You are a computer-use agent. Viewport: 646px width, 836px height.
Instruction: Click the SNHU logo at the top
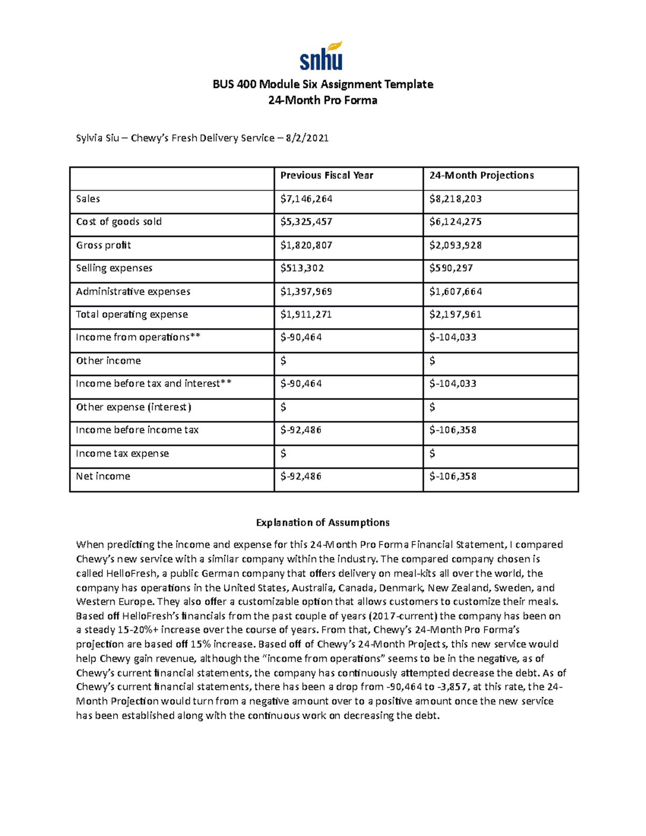[x=321, y=57]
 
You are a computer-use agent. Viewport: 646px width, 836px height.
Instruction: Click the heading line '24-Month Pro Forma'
[x=322, y=100]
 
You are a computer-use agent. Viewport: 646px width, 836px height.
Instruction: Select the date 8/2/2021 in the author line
[x=307, y=138]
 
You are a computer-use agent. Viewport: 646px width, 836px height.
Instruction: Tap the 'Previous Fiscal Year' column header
[x=326, y=175]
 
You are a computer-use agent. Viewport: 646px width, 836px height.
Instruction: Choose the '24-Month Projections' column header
[x=481, y=175]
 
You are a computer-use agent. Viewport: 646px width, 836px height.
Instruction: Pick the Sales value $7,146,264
[x=306, y=199]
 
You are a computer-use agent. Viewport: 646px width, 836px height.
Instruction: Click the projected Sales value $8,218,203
[x=455, y=199]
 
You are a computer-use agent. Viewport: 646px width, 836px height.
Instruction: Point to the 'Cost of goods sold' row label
[x=118, y=222]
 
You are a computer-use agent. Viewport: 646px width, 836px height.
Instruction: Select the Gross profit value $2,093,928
[x=455, y=245]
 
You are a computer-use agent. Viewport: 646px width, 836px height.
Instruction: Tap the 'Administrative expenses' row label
[x=133, y=291]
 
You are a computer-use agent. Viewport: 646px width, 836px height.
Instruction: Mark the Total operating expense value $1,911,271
[x=306, y=314]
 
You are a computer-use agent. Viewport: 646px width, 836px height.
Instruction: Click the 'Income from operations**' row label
[x=138, y=338]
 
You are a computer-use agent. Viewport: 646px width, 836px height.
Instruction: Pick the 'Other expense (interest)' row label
[x=134, y=407]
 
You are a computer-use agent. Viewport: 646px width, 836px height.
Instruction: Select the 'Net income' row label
[x=103, y=476]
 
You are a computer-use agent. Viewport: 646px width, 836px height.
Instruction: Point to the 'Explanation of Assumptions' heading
[x=322, y=523]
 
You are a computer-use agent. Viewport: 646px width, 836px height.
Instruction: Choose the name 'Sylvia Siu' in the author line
[x=97, y=138]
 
